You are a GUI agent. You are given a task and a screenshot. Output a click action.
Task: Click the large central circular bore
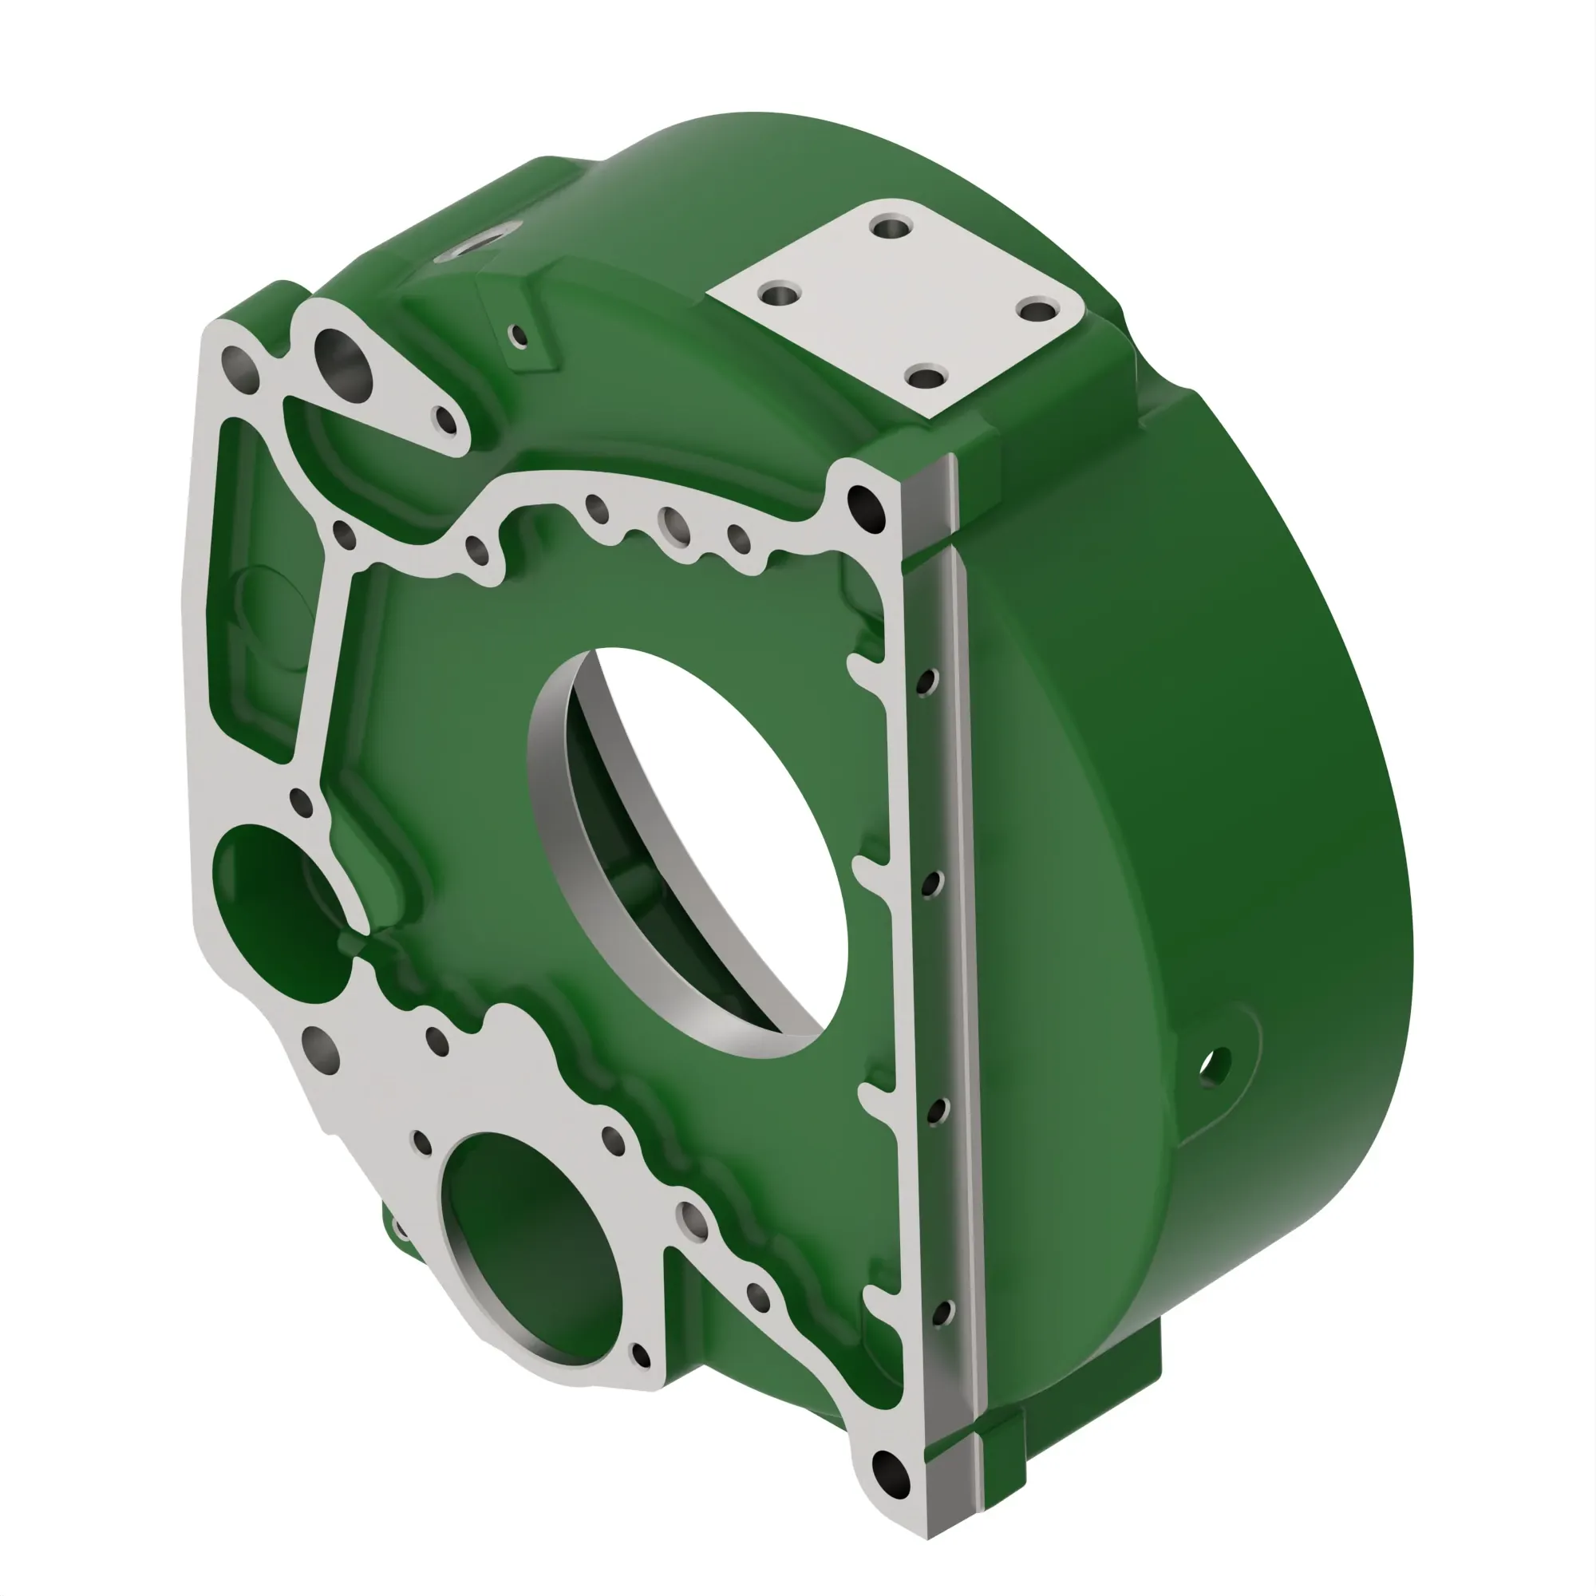[x=702, y=851]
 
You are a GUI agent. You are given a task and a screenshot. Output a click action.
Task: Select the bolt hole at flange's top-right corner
[x=864, y=501]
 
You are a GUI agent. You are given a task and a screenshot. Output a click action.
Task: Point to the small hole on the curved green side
[x=1215, y=1065]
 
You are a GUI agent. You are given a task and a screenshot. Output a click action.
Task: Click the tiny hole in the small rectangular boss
[x=519, y=335]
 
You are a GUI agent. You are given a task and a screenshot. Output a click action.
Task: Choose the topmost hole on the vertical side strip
[x=928, y=682]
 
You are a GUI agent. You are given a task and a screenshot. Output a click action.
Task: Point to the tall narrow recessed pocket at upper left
[x=248, y=579]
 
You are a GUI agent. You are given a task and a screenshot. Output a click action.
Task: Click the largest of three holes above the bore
[x=674, y=524]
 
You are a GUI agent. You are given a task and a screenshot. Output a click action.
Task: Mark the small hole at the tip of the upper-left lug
[x=445, y=420]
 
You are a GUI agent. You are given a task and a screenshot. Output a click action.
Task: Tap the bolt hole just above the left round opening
[x=301, y=801]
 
